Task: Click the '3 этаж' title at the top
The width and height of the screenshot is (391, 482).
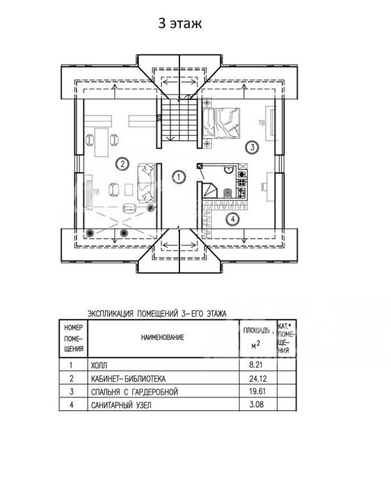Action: coord(179,24)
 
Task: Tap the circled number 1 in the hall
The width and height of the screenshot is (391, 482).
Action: coord(179,177)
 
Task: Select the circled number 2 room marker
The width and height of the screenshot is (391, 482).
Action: coord(121,164)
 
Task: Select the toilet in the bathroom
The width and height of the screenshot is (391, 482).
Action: coord(227,193)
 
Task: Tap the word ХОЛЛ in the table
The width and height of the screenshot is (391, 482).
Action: coord(99,366)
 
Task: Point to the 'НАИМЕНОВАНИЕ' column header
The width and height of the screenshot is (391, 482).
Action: coord(163,337)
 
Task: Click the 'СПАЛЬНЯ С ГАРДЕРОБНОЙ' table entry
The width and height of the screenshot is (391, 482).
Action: coord(134,392)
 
